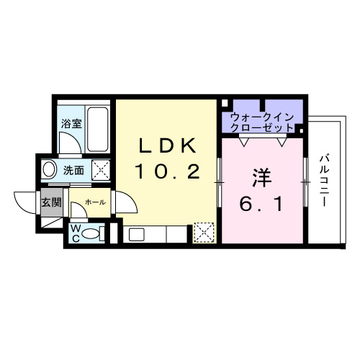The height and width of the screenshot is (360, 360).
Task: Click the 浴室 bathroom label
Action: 71,122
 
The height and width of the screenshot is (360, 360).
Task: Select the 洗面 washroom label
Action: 73,171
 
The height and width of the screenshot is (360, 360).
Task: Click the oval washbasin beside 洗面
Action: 49,171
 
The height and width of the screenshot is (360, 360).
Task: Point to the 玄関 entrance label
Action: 49,202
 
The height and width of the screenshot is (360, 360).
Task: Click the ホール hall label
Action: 95,202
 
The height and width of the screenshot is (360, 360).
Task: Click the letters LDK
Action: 167,145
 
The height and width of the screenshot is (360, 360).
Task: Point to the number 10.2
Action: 167,172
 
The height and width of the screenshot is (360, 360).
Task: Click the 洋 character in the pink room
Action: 260,175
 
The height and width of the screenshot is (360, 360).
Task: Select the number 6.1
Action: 260,204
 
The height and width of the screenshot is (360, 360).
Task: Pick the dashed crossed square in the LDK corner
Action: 204,232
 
